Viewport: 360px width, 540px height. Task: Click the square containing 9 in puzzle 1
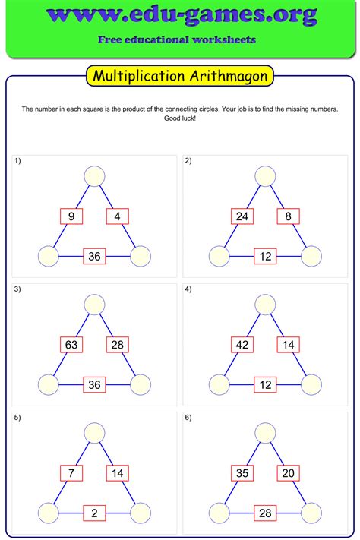click(71, 217)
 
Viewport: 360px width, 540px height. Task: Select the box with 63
click(71, 346)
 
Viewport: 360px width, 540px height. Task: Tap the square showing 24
click(242, 217)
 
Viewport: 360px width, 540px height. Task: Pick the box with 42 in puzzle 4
click(242, 346)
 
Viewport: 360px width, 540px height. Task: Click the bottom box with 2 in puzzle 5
click(94, 513)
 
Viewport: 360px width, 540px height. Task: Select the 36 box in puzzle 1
click(94, 257)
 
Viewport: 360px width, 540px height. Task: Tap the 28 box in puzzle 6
click(265, 513)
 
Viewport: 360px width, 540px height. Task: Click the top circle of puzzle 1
click(94, 176)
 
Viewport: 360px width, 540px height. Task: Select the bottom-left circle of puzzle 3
click(49, 385)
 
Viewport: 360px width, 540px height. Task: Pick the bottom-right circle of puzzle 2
click(311, 257)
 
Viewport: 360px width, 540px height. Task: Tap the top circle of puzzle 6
click(265, 434)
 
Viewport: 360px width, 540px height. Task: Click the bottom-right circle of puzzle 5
click(141, 513)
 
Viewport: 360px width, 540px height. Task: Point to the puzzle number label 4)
click(188, 289)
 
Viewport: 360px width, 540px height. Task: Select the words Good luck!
click(179, 119)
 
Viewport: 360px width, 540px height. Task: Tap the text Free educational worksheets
click(176, 39)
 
